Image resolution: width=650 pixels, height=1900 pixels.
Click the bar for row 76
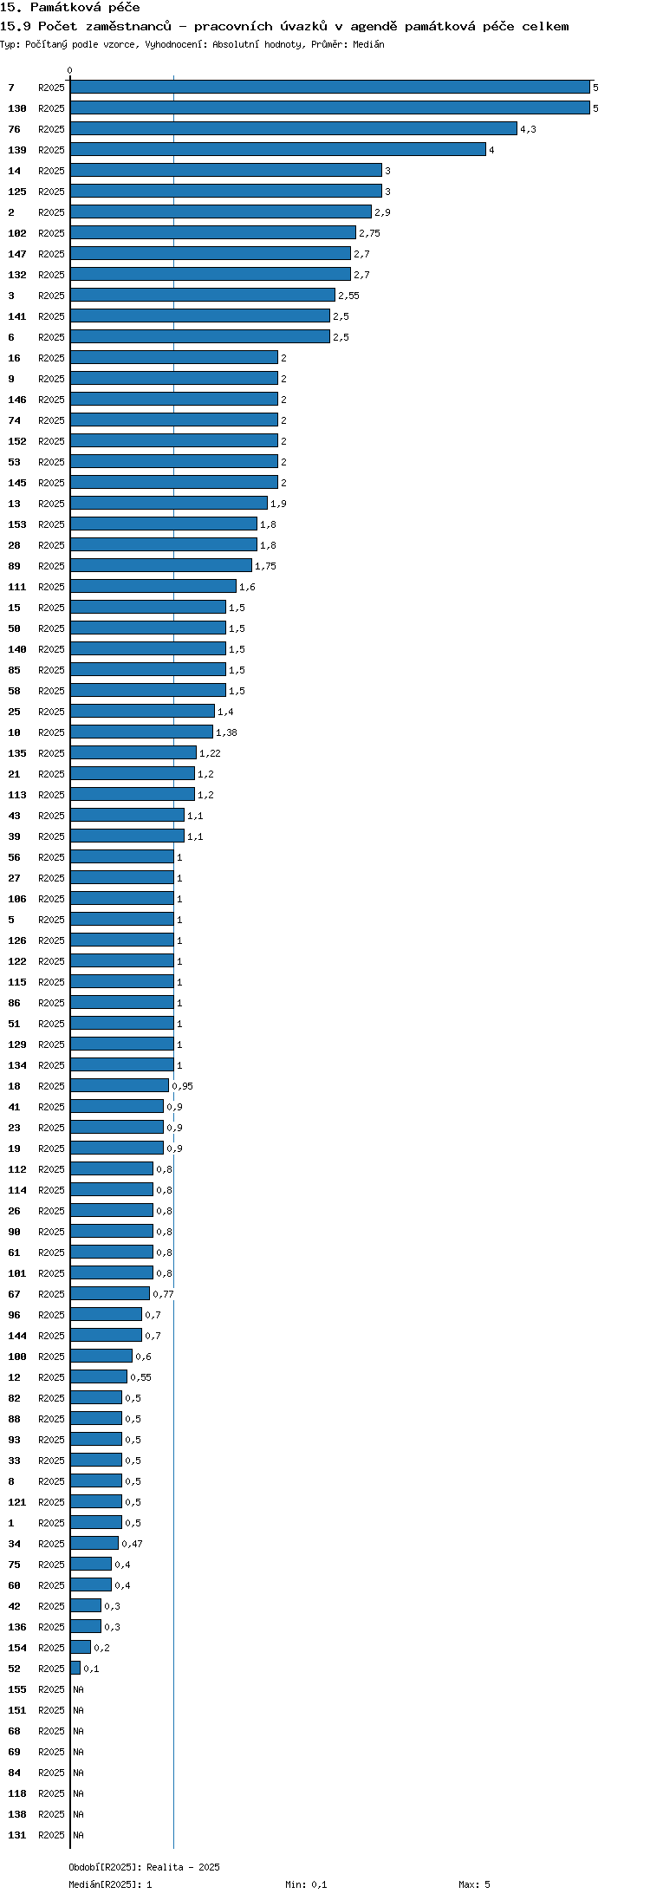[294, 129]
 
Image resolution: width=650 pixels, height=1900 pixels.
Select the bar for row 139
[278, 150]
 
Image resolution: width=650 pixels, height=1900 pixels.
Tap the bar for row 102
[213, 233]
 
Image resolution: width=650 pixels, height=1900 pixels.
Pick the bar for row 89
[161, 566]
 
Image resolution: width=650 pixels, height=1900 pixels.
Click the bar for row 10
[142, 732]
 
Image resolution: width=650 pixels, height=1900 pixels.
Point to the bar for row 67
[110, 1294]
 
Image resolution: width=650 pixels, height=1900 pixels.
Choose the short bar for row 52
[75, 1669]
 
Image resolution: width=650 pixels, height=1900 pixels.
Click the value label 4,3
[528, 129]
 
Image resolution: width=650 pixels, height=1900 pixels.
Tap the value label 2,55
[348, 296]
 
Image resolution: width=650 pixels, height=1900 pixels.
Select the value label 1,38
[226, 732]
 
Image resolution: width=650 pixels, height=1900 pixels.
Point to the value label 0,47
[132, 1544]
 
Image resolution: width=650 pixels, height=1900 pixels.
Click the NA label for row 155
[78, 1689]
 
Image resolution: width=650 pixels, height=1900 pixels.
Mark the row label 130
[17, 108]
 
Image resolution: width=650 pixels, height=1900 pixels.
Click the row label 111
[17, 587]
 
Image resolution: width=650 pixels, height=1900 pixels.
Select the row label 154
[17, 1648]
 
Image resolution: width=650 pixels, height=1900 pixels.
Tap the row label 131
[17, 1835]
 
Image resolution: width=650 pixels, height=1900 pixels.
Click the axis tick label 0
[70, 70]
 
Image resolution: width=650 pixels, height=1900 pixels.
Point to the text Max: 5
[474, 1884]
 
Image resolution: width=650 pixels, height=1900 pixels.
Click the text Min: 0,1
[306, 1884]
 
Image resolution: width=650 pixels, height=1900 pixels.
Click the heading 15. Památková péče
[70, 8]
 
